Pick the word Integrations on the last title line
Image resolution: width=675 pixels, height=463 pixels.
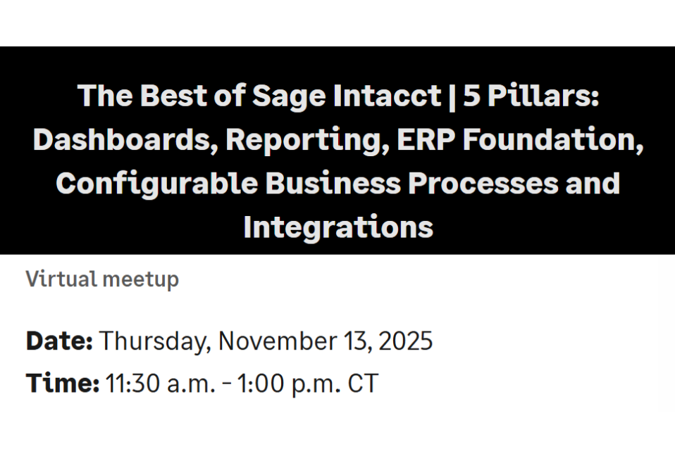337,227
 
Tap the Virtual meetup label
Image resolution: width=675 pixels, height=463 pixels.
102,279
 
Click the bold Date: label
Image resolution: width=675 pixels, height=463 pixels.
59,341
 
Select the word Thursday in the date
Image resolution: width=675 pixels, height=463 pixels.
154,341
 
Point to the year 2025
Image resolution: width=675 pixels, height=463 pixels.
405,341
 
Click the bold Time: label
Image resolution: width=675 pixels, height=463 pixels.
62,383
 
